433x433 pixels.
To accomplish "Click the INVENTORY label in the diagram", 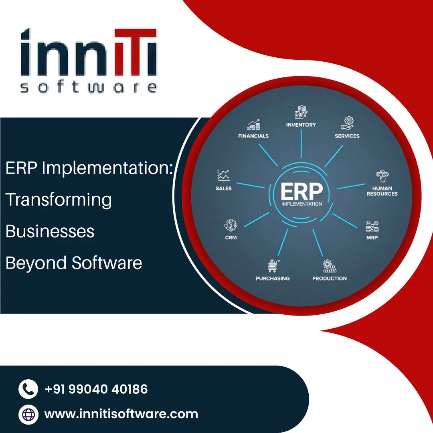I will point(301,125).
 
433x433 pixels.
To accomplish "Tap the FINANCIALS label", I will point(253,136).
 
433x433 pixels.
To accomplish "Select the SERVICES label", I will point(347,136).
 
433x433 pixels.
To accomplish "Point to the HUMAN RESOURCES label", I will point(382,191).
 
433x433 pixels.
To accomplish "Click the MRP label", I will point(372,238).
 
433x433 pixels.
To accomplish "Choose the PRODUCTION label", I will point(330,278).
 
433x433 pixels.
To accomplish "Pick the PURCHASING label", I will point(273,278).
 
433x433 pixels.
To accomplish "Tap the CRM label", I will point(231,238).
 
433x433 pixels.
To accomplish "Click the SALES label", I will point(224,188).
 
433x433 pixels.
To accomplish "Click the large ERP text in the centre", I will point(301,192).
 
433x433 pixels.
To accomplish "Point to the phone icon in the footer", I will point(28,389).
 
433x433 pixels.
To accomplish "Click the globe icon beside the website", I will point(28,414).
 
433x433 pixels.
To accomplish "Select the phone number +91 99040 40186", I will point(96,389).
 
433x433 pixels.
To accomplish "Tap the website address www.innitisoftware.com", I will point(121,414).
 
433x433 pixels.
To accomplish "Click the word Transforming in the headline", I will point(59,200).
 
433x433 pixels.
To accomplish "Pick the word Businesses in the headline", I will point(50,231).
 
